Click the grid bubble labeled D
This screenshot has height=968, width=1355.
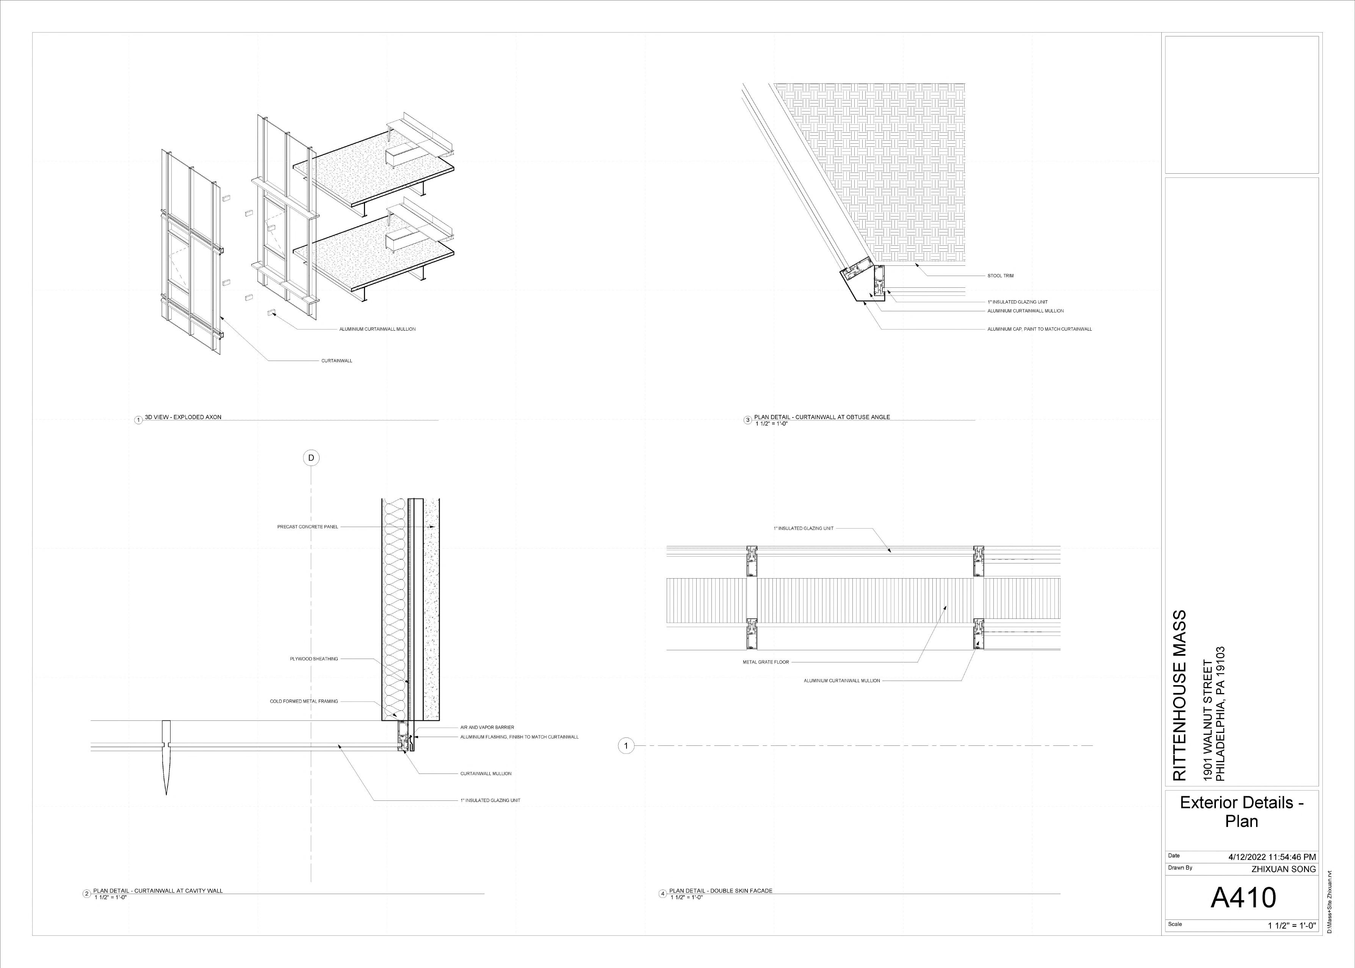311,458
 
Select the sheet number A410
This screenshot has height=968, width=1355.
1242,897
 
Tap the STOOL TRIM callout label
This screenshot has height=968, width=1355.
1000,276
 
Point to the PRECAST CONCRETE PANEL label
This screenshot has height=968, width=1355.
307,527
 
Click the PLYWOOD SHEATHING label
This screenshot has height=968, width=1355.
314,659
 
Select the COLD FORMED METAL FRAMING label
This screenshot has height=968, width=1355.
304,701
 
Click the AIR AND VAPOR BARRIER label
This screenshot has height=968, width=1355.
487,727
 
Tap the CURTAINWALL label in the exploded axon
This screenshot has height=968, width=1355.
337,361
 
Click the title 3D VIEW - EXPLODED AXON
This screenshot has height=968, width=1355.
183,417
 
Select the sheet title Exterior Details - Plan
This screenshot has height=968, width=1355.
1242,812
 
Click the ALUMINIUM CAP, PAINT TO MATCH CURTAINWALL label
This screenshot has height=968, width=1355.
1039,329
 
